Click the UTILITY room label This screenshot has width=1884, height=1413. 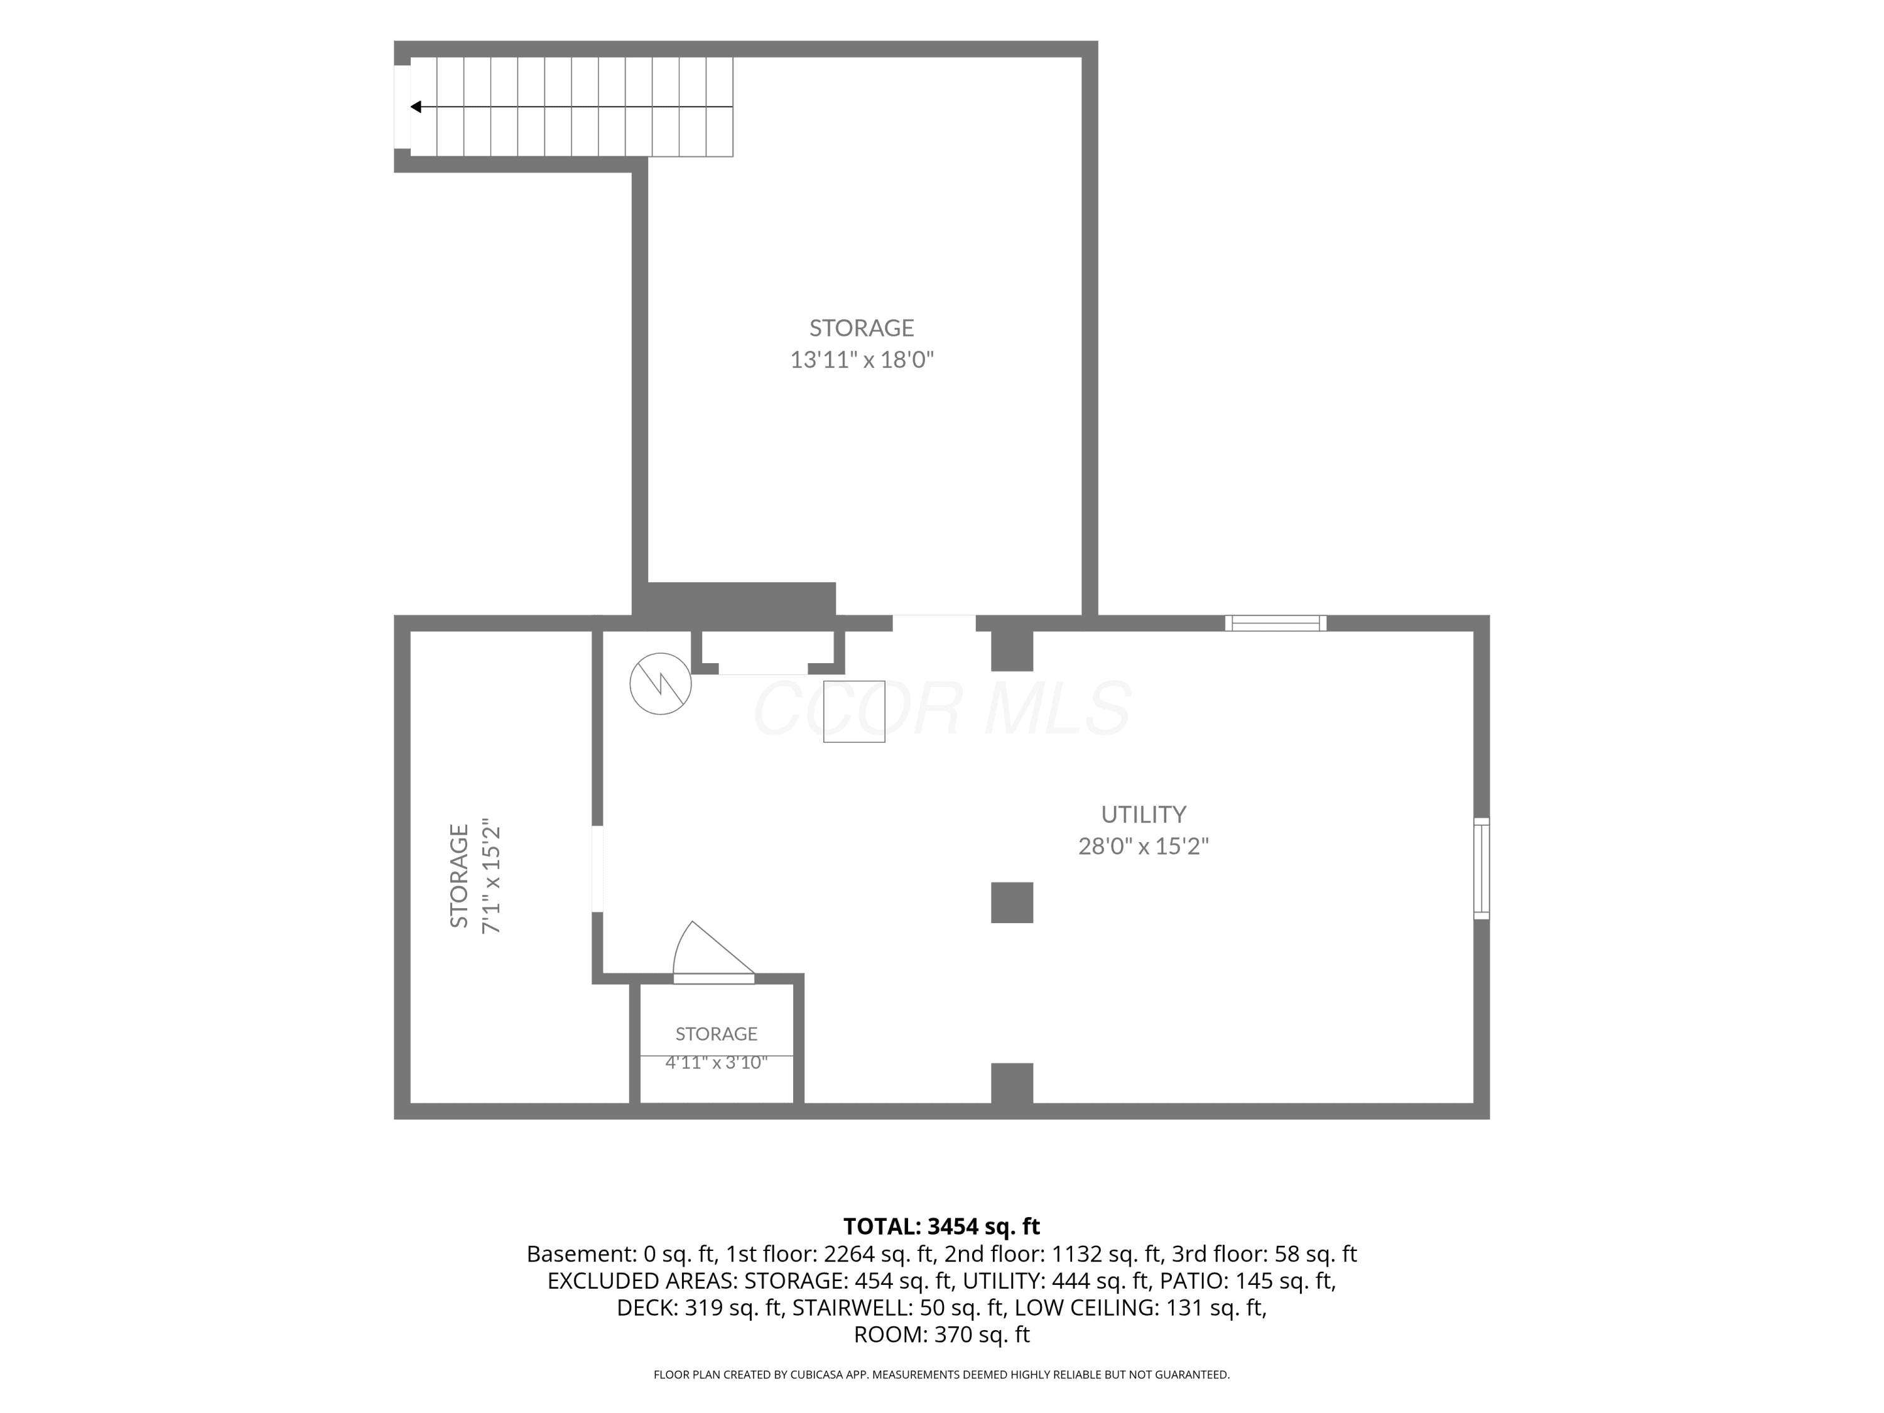click(x=1143, y=815)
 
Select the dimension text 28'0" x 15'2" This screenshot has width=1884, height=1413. click(x=1143, y=847)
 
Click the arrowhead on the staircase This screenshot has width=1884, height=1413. click(x=416, y=107)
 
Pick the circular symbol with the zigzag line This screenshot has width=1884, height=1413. click(x=660, y=683)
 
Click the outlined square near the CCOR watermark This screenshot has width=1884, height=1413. click(x=854, y=711)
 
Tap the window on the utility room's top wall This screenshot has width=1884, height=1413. click(x=1275, y=622)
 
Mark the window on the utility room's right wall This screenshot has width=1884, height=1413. click(x=1482, y=869)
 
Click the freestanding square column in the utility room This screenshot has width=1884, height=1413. click(x=1012, y=903)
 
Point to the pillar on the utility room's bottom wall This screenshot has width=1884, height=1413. click(x=1012, y=1083)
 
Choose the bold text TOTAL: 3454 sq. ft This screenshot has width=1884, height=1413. click(x=941, y=1226)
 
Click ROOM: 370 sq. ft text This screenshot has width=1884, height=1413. click(x=941, y=1334)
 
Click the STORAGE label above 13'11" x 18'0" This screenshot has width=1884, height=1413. click(x=861, y=328)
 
